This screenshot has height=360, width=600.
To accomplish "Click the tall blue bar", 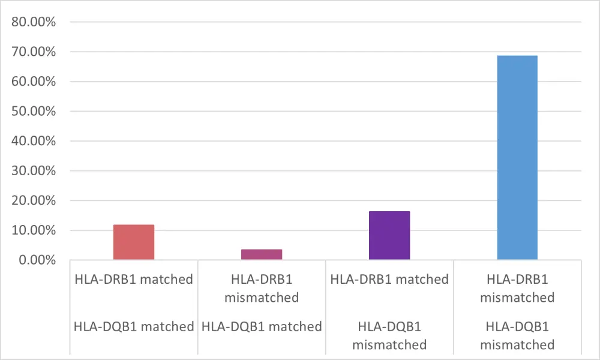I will [517, 157].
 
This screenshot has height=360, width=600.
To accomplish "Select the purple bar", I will [389, 235].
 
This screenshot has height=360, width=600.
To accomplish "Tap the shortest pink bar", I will [262, 254].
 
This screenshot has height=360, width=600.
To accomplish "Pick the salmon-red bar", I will [134, 242].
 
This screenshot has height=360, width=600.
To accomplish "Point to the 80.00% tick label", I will [34, 22].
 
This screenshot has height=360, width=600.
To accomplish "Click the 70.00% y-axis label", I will [34, 52].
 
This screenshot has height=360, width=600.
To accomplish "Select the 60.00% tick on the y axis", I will [34, 82].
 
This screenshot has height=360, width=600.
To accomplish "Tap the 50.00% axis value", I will [34, 112].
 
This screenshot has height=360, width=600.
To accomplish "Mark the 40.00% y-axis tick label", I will [34, 141].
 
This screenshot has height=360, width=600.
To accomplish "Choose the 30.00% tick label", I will [34, 171].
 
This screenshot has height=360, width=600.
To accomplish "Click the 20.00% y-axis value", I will [34, 200].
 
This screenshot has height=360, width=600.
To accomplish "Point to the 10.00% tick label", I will [34, 230].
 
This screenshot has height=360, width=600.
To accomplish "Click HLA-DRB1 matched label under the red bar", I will [134, 279].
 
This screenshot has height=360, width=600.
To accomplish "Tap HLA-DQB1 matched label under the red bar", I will [134, 327].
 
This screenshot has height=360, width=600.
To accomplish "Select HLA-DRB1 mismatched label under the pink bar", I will [262, 288].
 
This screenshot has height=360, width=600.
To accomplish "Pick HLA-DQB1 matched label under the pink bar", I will [262, 327].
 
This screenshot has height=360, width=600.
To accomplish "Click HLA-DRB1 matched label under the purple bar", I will [389, 279].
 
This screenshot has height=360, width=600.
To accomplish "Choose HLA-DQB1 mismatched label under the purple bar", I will [389, 336].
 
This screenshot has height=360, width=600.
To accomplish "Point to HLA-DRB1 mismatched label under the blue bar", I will [517, 288].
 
